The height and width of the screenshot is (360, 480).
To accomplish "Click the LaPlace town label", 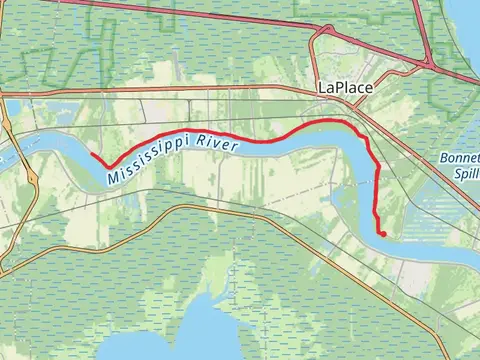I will (x=345, y=88).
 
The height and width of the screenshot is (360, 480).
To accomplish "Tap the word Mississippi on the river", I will (x=149, y=164).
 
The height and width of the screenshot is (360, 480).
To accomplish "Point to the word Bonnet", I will (x=460, y=158).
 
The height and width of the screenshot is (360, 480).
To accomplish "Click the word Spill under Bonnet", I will (x=466, y=171).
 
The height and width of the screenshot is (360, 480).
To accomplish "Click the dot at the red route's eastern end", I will (x=382, y=234).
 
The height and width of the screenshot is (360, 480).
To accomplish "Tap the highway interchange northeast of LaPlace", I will (x=427, y=63).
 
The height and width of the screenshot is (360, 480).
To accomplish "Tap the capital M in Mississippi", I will (x=109, y=177).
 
